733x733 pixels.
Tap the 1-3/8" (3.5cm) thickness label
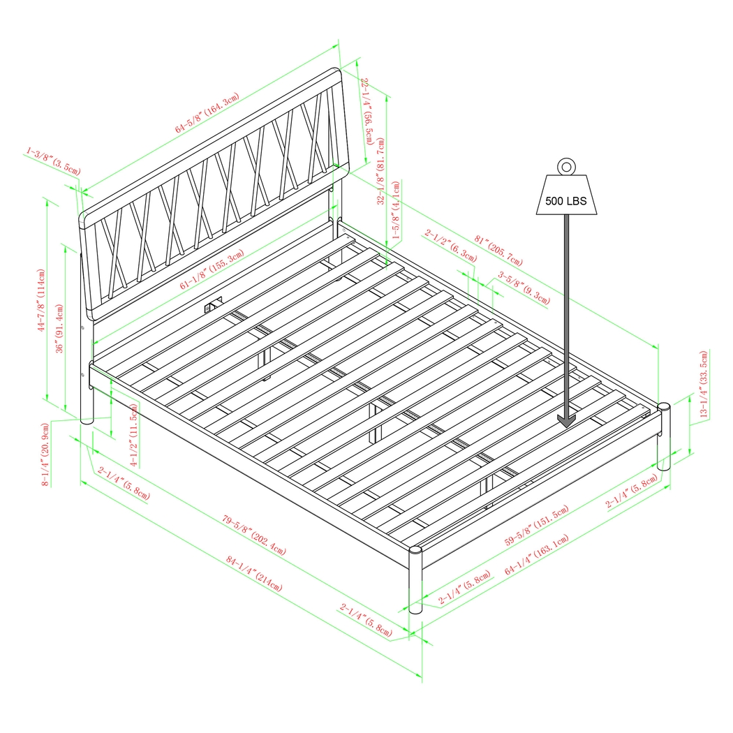[54, 161]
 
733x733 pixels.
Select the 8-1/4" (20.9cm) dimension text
[45, 454]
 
